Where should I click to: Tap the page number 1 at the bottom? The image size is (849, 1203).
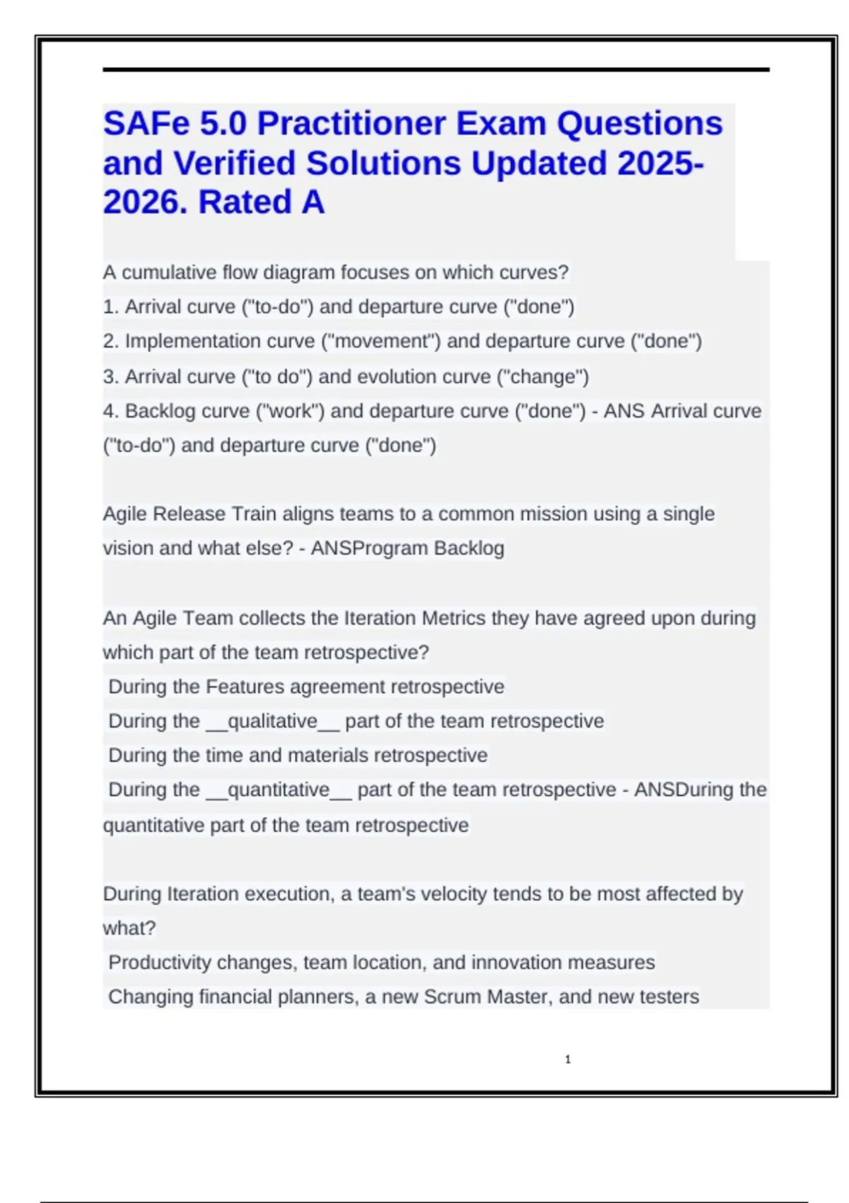tap(567, 1059)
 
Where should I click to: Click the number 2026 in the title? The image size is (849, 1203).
tap(145, 202)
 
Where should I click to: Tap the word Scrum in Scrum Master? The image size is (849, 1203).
tap(453, 997)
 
